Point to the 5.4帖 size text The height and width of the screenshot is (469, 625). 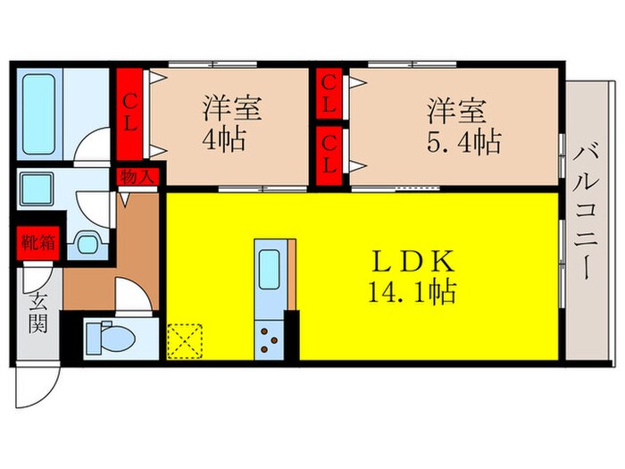[462, 140]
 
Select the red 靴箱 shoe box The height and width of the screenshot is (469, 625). [36, 241]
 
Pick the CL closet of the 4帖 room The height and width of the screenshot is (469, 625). [130, 113]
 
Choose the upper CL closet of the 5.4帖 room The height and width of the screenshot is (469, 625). [329, 94]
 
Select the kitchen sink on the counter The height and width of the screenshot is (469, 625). [269, 270]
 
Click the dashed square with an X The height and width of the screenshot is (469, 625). [185, 340]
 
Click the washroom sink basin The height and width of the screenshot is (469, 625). [87, 241]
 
